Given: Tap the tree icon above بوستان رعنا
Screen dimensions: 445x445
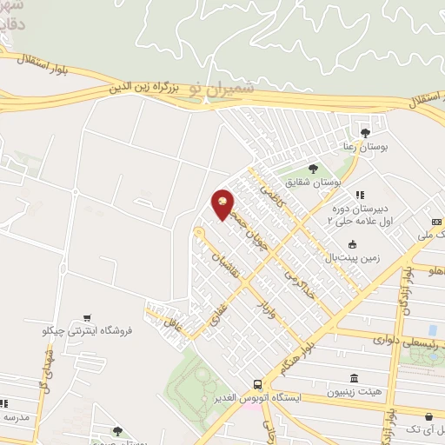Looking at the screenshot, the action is pos(364,131).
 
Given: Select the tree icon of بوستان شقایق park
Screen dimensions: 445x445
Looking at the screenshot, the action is pos(313,169).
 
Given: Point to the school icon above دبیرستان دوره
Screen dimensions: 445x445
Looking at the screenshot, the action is pos(359,195).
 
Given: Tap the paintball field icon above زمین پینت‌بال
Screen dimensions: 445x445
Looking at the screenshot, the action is pos(351,244).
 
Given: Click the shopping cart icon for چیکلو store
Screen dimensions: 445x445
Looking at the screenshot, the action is pos(86,319).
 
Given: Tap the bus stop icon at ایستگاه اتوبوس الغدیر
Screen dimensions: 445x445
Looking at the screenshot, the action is pos(257,384).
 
